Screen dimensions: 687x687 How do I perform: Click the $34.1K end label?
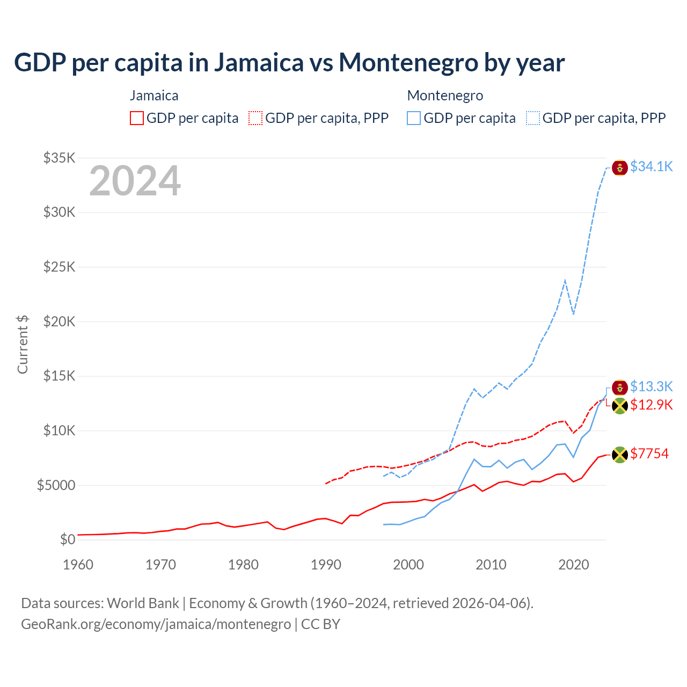[x=651, y=167]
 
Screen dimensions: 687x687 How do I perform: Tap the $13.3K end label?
[x=651, y=386]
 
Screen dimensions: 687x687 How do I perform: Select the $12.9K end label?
[x=651, y=405]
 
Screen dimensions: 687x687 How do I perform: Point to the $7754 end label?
[x=649, y=454]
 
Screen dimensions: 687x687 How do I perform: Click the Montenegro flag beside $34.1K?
[x=620, y=168]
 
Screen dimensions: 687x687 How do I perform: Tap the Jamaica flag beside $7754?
[x=620, y=455]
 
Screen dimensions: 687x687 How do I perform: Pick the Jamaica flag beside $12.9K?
[x=620, y=406]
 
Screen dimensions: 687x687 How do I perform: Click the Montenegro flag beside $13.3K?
[x=620, y=388]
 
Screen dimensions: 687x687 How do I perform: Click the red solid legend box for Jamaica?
[x=137, y=118]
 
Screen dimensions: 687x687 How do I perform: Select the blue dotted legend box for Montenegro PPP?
[x=533, y=118]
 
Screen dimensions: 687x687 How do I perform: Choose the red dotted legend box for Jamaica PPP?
[x=255, y=118]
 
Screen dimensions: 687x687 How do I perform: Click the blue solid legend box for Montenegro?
[x=414, y=118]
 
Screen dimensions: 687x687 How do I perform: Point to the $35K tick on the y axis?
[x=60, y=158]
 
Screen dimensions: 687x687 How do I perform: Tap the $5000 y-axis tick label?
[x=56, y=485]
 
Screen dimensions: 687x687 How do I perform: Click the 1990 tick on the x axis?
[x=326, y=565]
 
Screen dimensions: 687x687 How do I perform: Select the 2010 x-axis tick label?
[x=491, y=565]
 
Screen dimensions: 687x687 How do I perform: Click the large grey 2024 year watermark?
[x=135, y=181]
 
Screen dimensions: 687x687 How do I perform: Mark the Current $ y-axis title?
[x=23, y=344]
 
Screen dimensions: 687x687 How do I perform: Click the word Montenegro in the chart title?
[x=408, y=62]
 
